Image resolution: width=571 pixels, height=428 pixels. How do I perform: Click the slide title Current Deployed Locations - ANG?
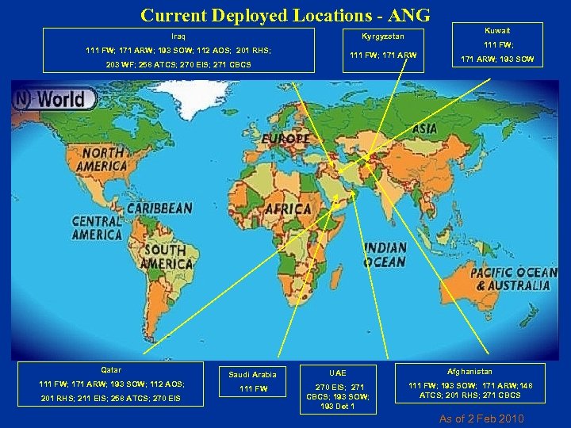coord(285,14)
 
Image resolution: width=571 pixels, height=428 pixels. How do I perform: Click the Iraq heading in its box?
coord(178,36)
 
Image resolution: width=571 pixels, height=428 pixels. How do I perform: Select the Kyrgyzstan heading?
coord(382,37)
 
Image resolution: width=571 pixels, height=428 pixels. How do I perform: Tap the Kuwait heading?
coord(498,30)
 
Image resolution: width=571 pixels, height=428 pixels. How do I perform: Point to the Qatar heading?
coord(112,369)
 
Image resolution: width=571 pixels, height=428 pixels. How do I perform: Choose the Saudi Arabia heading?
coord(252,374)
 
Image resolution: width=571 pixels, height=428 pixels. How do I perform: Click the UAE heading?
coord(338,372)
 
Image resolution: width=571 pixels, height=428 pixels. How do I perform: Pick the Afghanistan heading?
coord(469,371)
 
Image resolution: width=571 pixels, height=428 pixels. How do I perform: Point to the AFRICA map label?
coord(289,208)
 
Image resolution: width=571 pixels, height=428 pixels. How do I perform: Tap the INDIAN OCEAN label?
coord(385,255)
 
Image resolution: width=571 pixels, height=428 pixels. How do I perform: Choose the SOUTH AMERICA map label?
coord(165,258)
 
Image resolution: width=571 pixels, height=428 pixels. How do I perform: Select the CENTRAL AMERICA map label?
coord(97,227)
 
